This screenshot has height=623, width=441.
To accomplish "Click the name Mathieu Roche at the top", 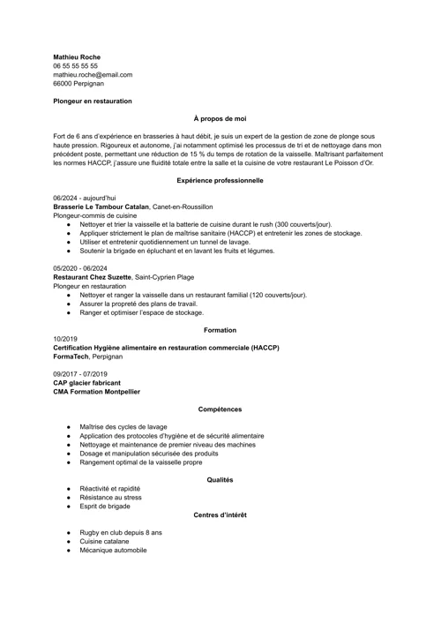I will pyautogui.click(x=77, y=56).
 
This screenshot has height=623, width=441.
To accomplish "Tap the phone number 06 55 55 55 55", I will pyautogui.click(x=75, y=65).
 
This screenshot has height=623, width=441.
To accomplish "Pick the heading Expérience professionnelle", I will pyautogui.click(x=220, y=180).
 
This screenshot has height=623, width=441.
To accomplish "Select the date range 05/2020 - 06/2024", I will pyautogui.click(x=80, y=267).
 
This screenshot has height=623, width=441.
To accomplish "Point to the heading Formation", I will pyautogui.click(x=220, y=330).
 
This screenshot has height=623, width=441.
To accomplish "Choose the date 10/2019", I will pyautogui.click(x=65, y=339).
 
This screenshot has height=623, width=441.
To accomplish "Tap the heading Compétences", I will pyautogui.click(x=220, y=409).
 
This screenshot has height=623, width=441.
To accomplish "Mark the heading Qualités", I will pyautogui.click(x=220, y=479).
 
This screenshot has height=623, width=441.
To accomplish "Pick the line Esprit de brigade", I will pyautogui.click(x=105, y=507).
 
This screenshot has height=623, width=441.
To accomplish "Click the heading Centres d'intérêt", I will pyautogui.click(x=220, y=514).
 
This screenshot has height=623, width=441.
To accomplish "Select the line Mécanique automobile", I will pyautogui.click(x=113, y=551).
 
